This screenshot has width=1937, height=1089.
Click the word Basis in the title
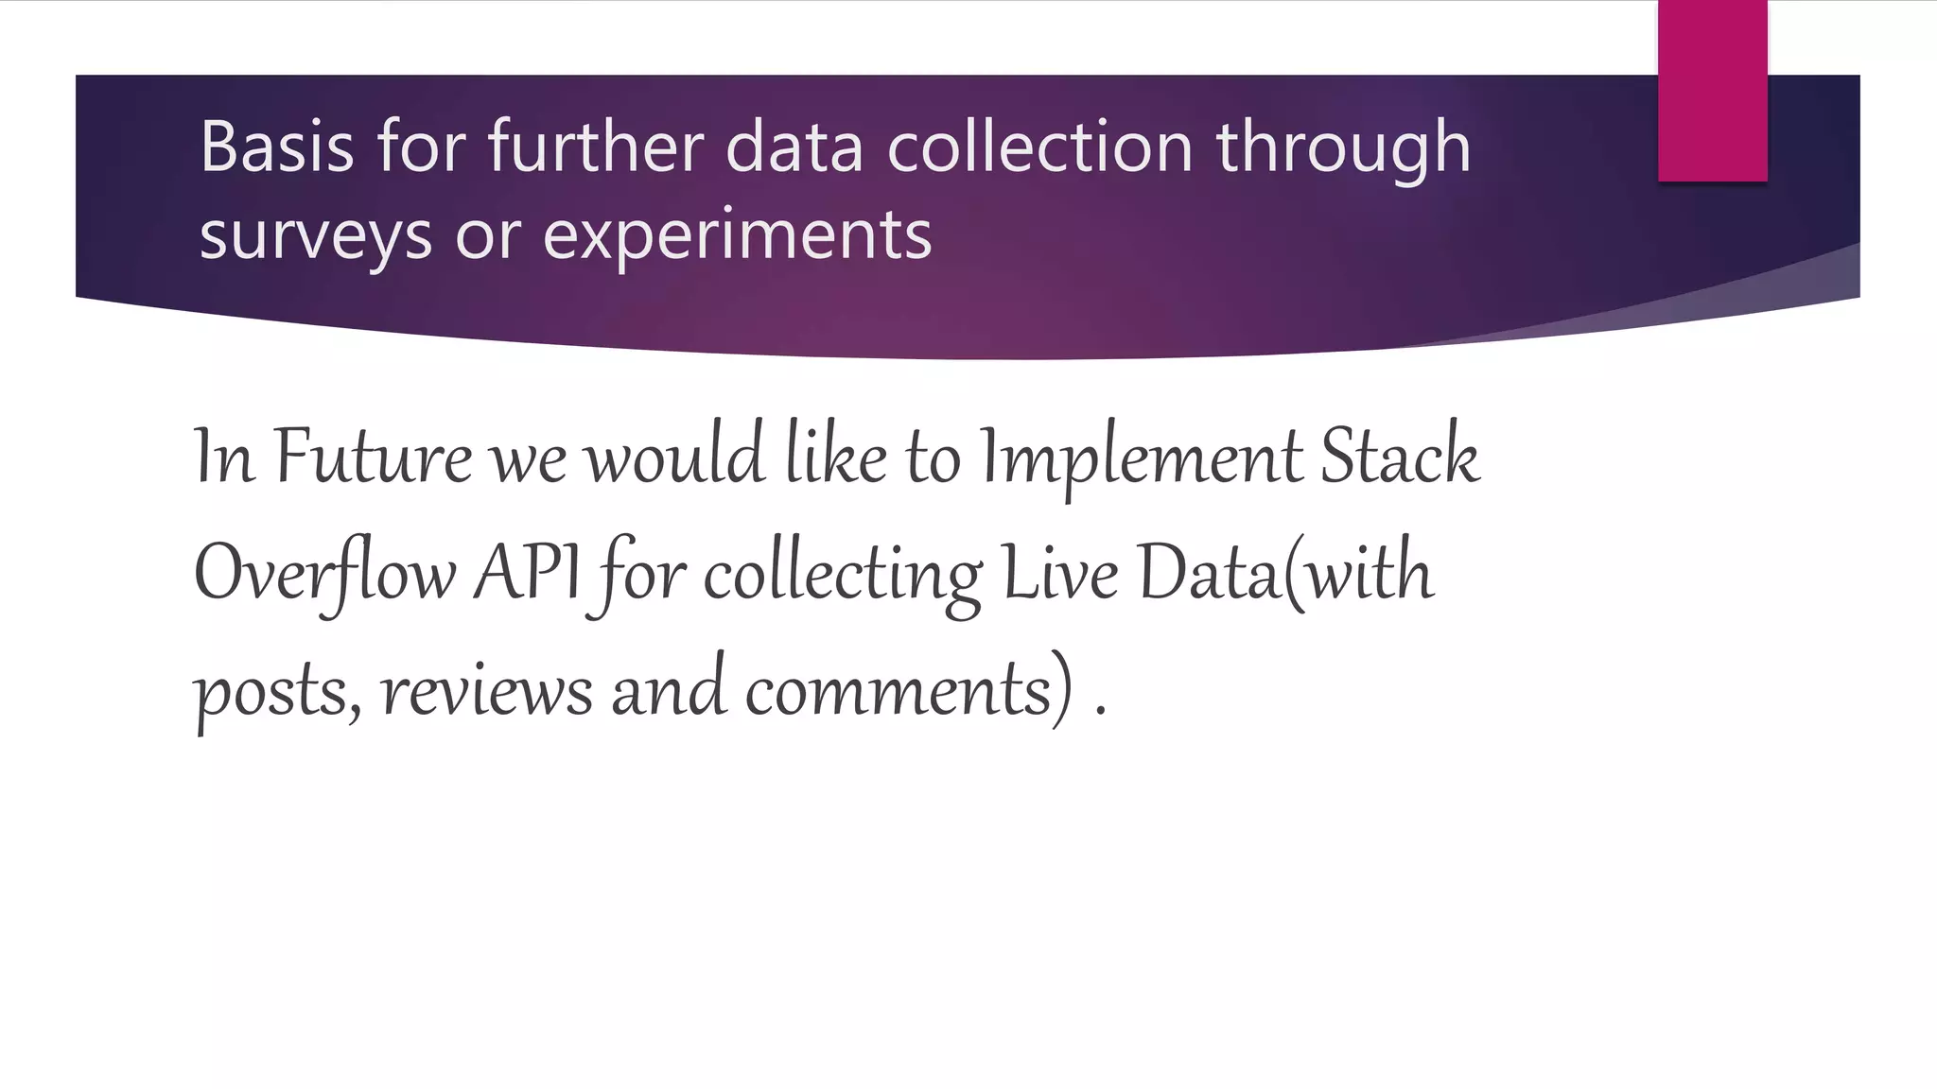[277, 147]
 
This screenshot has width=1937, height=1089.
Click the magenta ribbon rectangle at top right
[1712, 91]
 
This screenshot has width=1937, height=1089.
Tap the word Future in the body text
[373, 458]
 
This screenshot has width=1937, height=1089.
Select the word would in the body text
[673, 458]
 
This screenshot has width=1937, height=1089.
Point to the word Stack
[1400, 458]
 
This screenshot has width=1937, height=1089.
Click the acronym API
[526, 573]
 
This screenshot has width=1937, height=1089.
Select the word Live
[1059, 573]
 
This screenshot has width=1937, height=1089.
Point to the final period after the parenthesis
[1100, 713]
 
